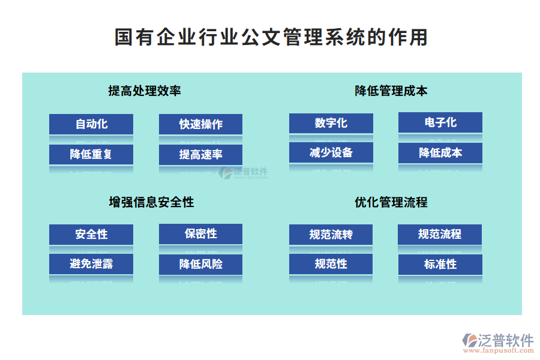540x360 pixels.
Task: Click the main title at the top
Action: (271, 37)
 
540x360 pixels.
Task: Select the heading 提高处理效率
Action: (145, 91)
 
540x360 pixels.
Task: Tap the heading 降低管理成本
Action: (391, 91)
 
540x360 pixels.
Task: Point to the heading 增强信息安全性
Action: (151, 202)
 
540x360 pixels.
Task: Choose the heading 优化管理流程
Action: (391, 202)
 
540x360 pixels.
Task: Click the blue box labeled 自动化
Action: (91, 124)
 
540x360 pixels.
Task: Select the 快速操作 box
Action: (200, 124)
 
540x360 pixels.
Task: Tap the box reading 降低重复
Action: (91, 154)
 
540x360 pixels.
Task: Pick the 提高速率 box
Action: (200, 155)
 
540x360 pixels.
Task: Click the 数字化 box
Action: (331, 123)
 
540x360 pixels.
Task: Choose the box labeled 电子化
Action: (440, 122)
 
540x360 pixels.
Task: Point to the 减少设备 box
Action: (331, 152)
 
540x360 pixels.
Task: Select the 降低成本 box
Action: (440, 152)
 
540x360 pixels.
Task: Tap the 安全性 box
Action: (91, 234)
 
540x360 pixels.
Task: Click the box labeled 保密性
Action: (200, 233)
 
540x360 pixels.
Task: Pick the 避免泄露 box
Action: (91, 263)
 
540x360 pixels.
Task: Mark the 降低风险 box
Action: (200, 264)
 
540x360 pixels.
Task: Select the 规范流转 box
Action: (331, 235)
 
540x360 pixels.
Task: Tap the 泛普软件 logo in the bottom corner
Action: (497, 343)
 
